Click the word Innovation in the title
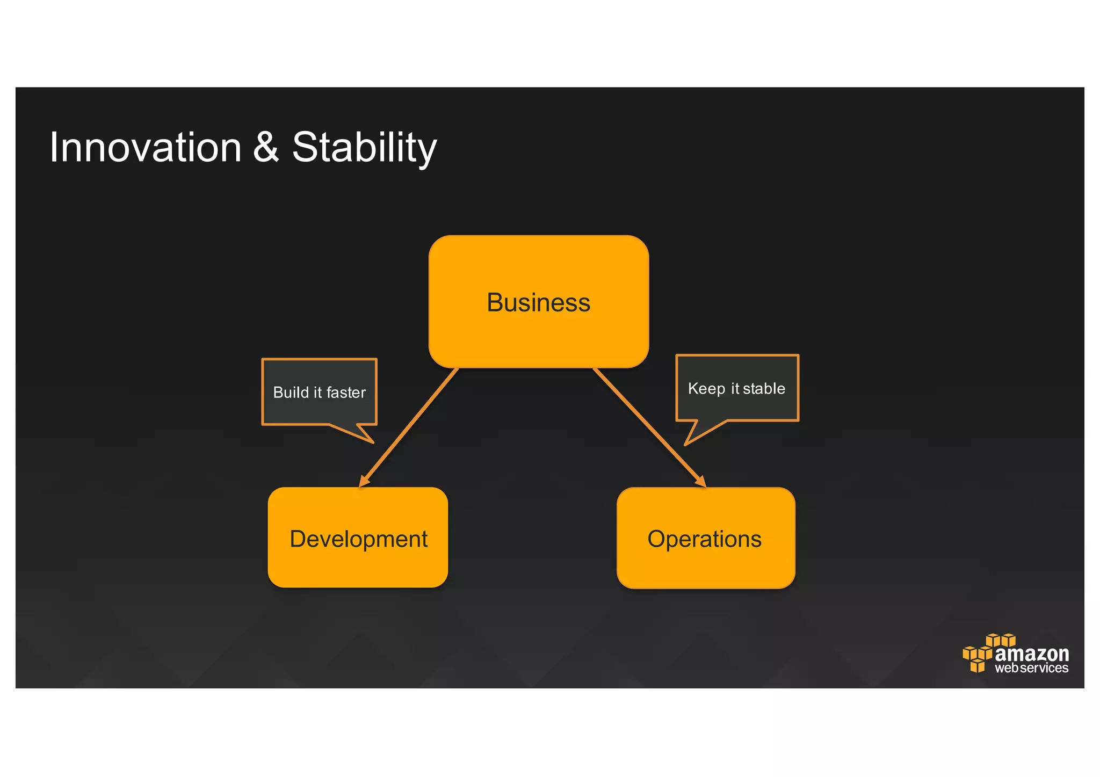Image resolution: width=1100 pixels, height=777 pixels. (145, 148)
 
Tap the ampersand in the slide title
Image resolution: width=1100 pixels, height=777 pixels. (266, 148)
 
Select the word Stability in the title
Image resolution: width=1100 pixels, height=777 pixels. (364, 148)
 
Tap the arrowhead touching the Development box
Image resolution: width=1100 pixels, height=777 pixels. (364, 481)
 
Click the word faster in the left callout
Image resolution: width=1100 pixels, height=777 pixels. (345, 393)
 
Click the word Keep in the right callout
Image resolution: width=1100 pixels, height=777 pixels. (706, 389)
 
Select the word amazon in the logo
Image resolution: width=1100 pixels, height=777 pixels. (1031, 653)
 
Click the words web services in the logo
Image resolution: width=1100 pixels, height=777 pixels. (1031, 668)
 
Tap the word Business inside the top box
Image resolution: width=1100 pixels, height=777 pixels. (539, 302)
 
